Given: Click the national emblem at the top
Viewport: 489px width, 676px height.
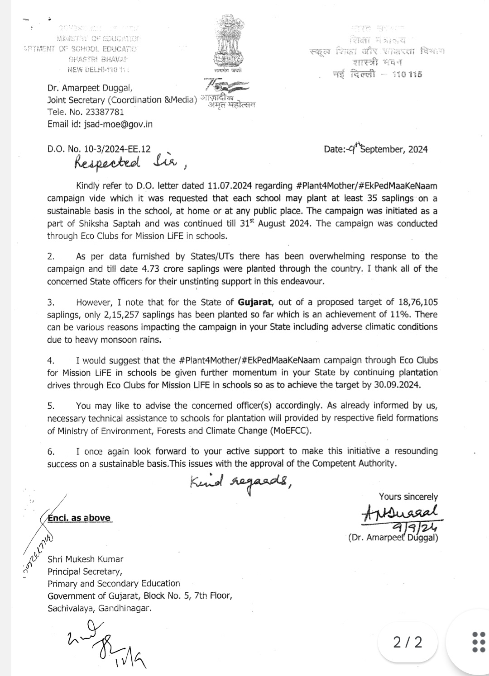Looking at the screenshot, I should [x=228, y=43].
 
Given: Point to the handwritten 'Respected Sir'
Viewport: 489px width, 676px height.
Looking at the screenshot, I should [x=127, y=164].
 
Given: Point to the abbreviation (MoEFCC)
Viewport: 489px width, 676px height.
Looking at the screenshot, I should [x=291, y=430].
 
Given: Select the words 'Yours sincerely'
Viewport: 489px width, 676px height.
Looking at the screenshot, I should [x=408, y=496].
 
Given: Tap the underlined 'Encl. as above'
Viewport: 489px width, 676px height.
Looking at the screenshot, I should [x=80, y=518].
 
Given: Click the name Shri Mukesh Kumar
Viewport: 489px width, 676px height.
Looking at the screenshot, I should [x=86, y=559].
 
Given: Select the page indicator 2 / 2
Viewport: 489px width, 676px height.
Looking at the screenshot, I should [x=407, y=642].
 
